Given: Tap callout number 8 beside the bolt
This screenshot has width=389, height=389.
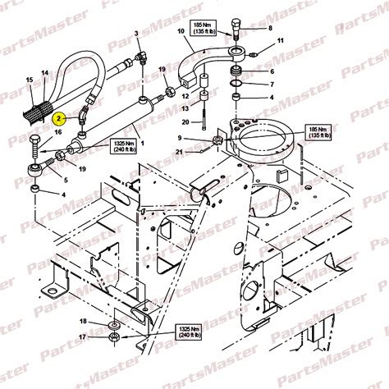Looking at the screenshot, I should (x=269, y=27).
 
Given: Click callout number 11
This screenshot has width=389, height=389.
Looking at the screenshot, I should (x=280, y=41).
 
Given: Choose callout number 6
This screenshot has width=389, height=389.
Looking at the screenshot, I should (x=271, y=71).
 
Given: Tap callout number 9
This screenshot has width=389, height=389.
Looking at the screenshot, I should (x=181, y=138).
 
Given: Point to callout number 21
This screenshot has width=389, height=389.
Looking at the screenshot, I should (x=180, y=151).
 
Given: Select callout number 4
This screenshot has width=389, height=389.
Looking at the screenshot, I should (x=65, y=194).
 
